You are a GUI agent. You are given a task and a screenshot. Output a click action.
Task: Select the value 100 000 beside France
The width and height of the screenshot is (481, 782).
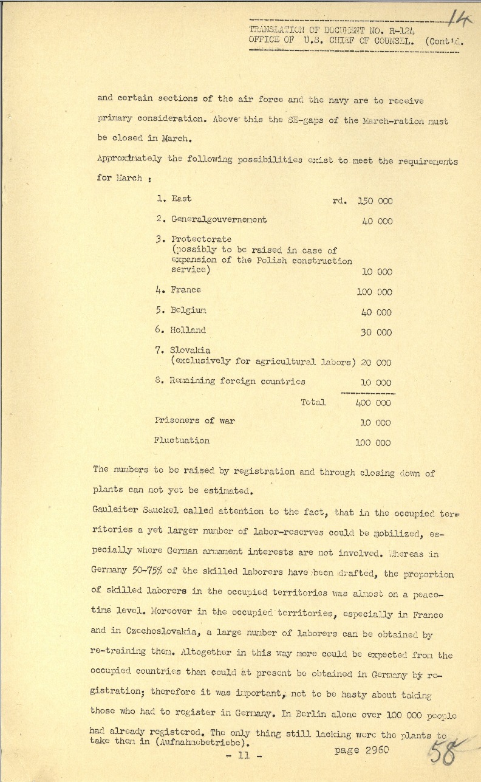374,292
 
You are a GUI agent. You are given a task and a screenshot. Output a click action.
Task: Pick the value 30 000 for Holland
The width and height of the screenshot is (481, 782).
377,332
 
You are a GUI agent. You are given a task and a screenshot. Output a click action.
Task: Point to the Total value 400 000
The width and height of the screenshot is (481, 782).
374,402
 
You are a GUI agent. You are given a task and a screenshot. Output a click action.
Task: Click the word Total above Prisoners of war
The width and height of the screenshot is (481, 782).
313,402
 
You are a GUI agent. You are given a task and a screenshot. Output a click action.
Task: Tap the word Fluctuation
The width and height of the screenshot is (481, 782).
182,441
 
